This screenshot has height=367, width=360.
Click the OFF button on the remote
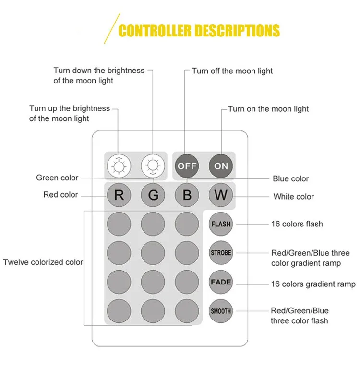coord(187,166)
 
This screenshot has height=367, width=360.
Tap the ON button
coord(221,166)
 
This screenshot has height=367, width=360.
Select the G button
coord(153,195)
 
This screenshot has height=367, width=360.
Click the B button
coord(187,195)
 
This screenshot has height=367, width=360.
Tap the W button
coord(221,195)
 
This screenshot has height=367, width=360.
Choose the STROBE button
coord(221,253)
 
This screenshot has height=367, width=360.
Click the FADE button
coord(221,282)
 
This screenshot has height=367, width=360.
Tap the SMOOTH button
coord(221,311)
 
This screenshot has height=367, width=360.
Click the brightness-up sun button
coord(119,166)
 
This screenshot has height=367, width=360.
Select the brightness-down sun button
coord(153,166)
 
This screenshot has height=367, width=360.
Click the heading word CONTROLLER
coord(155,31)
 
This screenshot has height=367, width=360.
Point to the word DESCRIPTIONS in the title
coord(238,31)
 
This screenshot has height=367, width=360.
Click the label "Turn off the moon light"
coord(232,71)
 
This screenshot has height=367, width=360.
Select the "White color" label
coord(293,196)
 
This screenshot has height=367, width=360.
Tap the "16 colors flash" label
coord(297,224)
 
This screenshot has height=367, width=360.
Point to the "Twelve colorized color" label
coord(43,262)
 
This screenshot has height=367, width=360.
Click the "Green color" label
coord(57,178)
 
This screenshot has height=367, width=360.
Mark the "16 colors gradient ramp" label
coord(313,284)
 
